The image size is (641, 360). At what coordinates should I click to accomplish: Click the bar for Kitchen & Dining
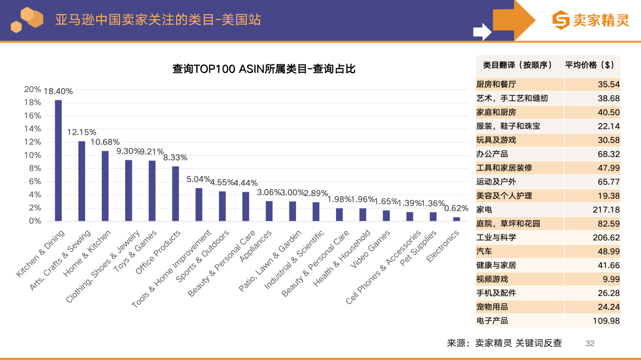(x=58, y=160)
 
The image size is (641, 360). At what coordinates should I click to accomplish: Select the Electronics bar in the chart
(x=457, y=219)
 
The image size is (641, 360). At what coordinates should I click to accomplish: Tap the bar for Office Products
(x=175, y=194)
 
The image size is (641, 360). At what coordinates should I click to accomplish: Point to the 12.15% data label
(x=82, y=132)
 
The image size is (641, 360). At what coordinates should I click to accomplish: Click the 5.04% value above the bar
(x=198, y=179)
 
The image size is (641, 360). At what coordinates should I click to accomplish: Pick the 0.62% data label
(x=456, y=208)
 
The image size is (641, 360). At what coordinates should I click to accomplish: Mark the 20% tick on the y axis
(x=32, y=89)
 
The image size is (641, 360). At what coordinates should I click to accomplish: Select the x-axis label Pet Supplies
(x=419, y=248)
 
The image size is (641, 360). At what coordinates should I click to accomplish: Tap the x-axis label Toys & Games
(x=135, y=251)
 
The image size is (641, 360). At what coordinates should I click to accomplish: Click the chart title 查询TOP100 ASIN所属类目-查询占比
(x=263, y=69)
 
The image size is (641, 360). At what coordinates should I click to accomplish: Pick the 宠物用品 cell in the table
(x=492, y=307)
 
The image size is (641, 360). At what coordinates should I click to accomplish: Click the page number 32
(x=590, y=343)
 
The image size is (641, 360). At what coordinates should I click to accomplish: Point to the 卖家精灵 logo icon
(x=560, y=20)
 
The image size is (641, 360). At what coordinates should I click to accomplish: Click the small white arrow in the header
(x=482, y=32)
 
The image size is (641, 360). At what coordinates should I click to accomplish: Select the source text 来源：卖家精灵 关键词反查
(x=504, y=343)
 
